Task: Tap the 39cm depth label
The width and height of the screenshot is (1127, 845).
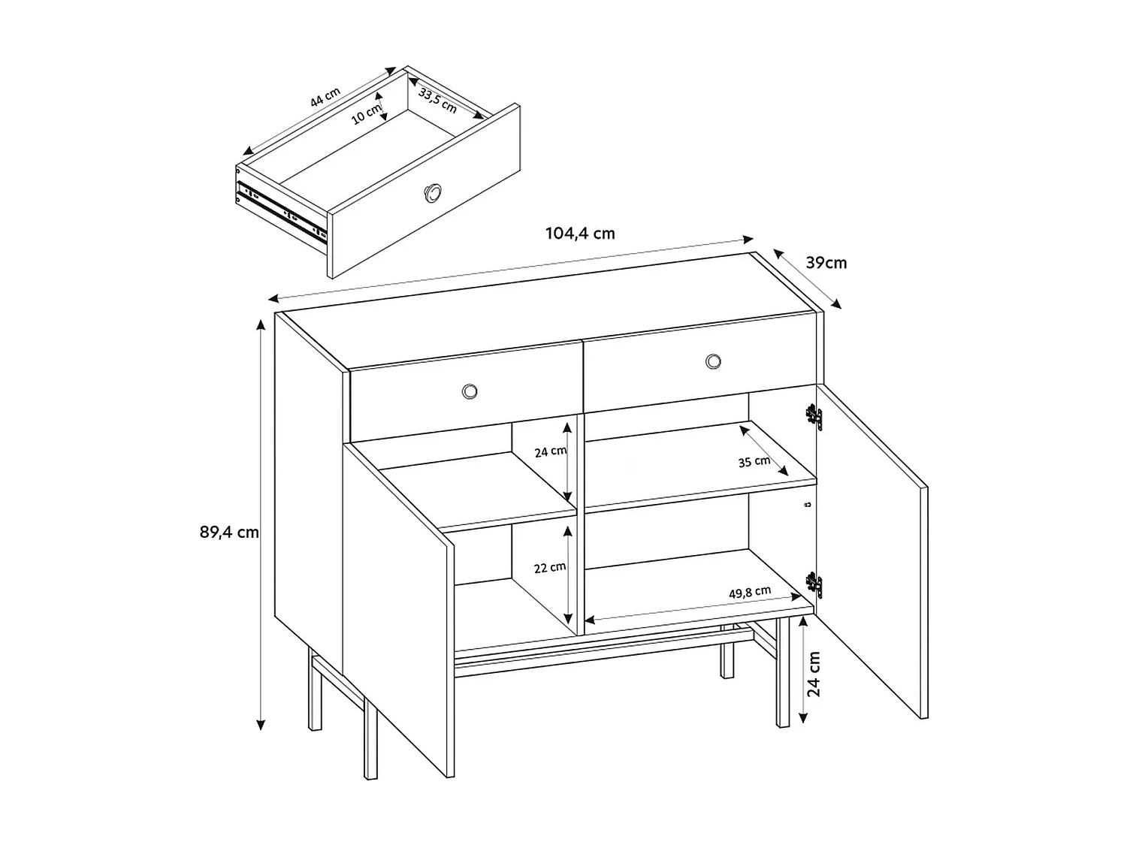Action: (826, 263)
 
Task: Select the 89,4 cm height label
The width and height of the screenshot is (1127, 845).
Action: (228, 533)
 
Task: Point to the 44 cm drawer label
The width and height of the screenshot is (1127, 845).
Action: (325, 97)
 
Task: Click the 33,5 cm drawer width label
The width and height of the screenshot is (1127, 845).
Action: (438, 100)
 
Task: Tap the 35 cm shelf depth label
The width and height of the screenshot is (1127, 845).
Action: (754, 461)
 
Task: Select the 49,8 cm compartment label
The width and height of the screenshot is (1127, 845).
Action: (749, 593)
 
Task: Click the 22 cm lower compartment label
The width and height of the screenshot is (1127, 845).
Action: (549, 568)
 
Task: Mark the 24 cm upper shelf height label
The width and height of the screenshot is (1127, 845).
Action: (550, 451)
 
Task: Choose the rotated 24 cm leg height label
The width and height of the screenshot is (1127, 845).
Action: (814, 674)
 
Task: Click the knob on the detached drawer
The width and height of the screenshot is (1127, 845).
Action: (434, 193)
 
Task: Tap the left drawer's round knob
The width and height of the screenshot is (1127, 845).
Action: (470, 391)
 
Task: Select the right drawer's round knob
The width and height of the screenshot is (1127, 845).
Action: (713, 362)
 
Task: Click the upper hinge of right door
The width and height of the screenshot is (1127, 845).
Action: (812, 417)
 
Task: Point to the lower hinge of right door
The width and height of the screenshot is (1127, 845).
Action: (812, 584)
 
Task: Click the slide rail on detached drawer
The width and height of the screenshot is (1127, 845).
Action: (282, 210)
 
